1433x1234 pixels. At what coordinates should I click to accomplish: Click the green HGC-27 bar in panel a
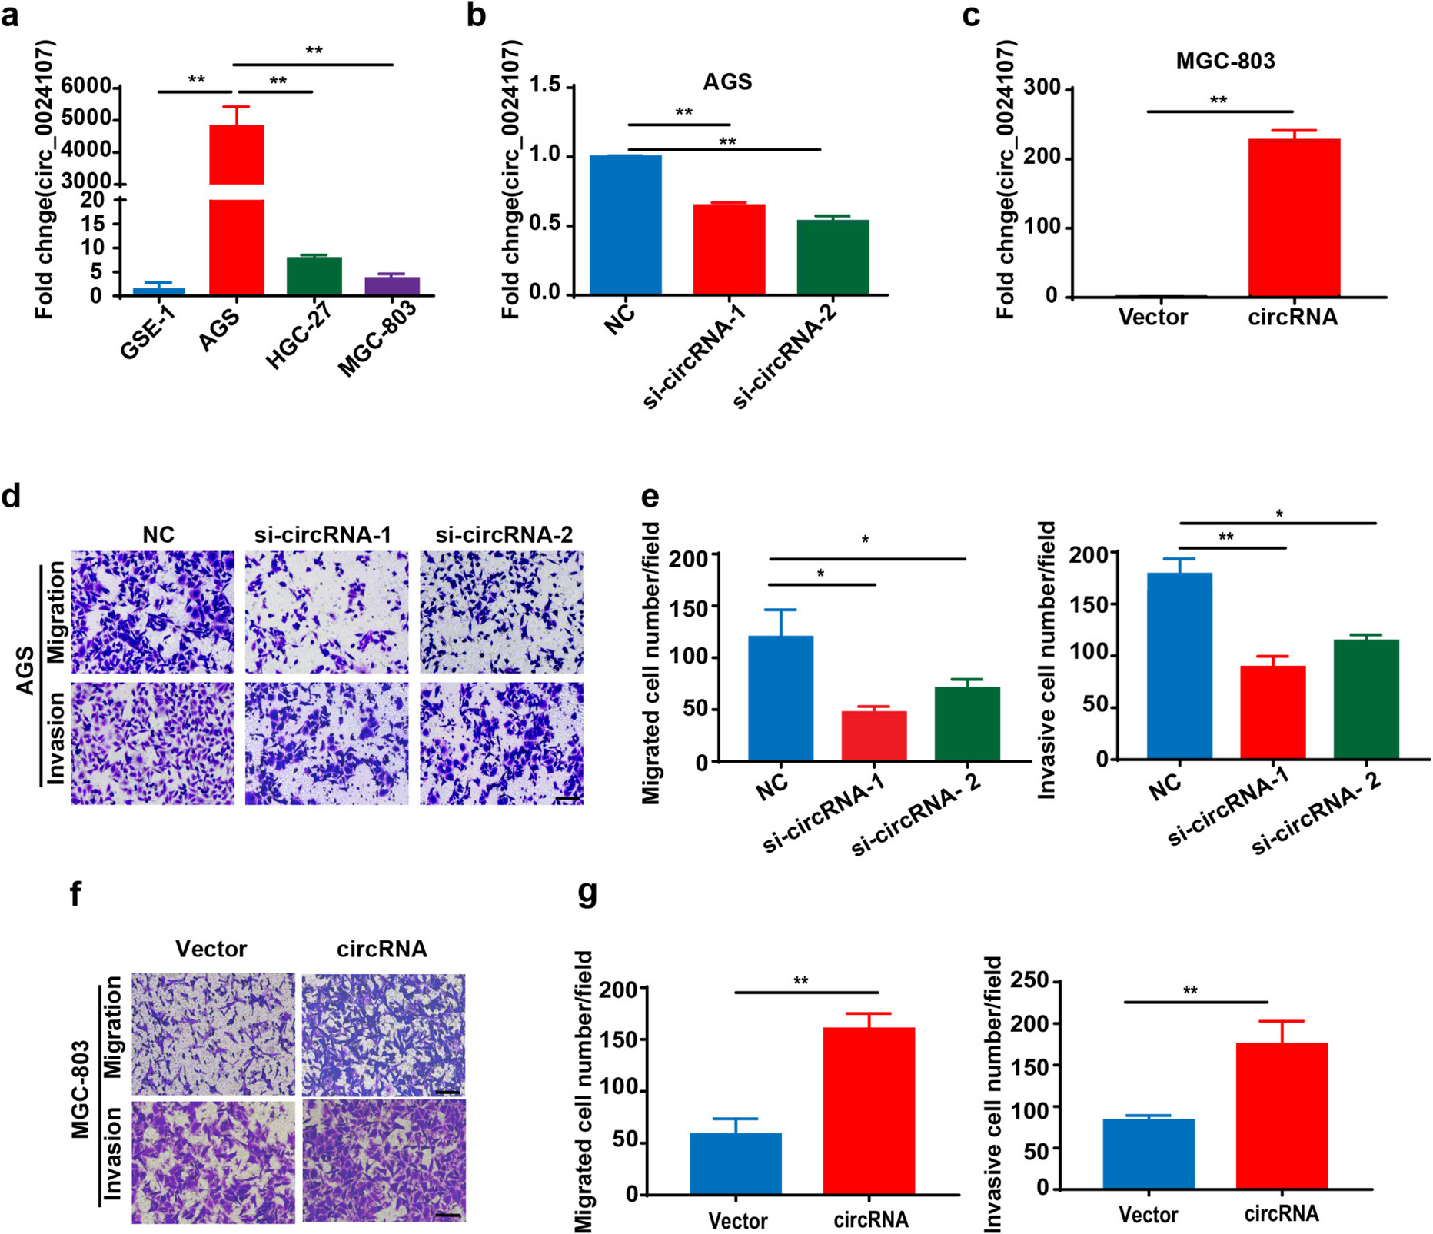pyautogui.click(x=314, y=276)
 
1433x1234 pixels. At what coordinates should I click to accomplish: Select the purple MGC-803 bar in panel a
pyautogui.click(x=392, y=286)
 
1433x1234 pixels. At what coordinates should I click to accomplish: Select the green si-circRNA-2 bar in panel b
pyautogui.click(x=833, y=257)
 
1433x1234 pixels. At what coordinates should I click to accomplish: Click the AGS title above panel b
pyautogui.click(x=726, y=81)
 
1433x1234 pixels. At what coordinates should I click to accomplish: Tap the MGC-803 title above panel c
pyautogui.click(x=1225, y=62)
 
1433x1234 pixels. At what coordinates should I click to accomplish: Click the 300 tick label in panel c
pyautogui.click(x=1042, y=89)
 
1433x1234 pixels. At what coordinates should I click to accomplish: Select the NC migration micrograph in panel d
pyautogui.click(x=152, y=612)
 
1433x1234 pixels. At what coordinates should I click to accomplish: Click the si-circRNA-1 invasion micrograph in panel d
pyautogui.click(x=327, y=743)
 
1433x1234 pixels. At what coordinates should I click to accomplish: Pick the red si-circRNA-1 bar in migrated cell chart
pyautogui.click(x=874, y=736)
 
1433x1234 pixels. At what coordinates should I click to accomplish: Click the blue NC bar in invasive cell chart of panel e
pyautogui.click(x=1179, y=665)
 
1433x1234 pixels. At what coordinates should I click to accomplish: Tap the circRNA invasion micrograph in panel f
pyautogui.click(x=384, y=1162)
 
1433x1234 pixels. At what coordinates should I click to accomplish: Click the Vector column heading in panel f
pyautogui.click(x=211, y=949)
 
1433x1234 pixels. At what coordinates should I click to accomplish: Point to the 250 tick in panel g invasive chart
pyautogui.click(x=1032, y=980)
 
